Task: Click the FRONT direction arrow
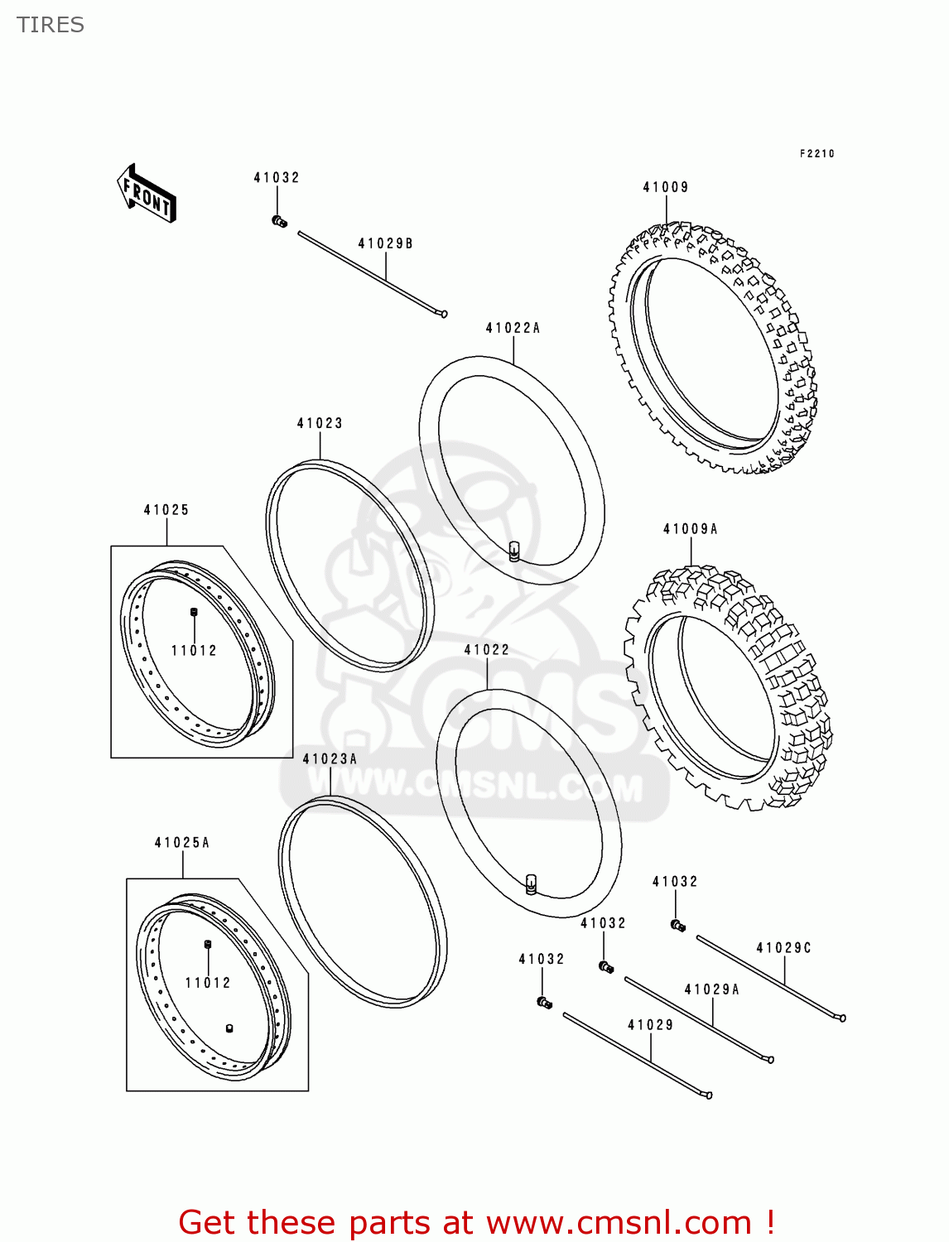pos(147,193)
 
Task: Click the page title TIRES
pos(51,25)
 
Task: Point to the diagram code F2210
pos(817,153)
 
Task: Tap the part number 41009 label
pos(666,187)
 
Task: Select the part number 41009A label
pos(690,529)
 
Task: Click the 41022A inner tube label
pos(513,328)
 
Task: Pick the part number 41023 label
pos(320,423)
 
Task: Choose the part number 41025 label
pos(166,510)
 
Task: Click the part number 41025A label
pos(182,843)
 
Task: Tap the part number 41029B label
pos(385,243)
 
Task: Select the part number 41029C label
pos(783,948)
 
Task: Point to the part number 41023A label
pos(330,759)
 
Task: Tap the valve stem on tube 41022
pos(531,884)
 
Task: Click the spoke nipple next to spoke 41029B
pos(279,221)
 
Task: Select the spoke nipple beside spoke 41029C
pos(678,926)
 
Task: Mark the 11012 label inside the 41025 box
pos(194,651)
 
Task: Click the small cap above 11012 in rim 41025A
pos(208,944)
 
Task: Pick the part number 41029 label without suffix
pos(650,1025)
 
